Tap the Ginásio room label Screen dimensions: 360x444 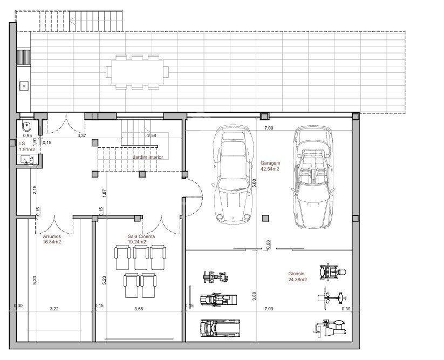[x=297, y=274]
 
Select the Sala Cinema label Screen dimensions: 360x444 [x=141, y=236]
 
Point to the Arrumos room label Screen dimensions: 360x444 [x=52, y=236]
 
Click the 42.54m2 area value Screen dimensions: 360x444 [x=270, y=169]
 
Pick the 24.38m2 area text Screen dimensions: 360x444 [x=297, y=280]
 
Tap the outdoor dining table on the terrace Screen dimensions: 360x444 [x=137, y=71]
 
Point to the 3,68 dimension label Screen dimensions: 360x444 [x=139, y=309]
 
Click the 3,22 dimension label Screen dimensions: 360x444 [x=54, y=309]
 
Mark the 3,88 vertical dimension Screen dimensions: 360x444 [x=254, y=296]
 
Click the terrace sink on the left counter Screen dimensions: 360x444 [x=24, y=85]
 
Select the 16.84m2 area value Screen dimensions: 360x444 [x=52, y=242]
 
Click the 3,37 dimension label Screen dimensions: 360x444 [x=82, y=135]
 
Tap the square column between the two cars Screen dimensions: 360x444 [x=264, y=218]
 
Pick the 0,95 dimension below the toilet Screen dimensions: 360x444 [x=27, y=136]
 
